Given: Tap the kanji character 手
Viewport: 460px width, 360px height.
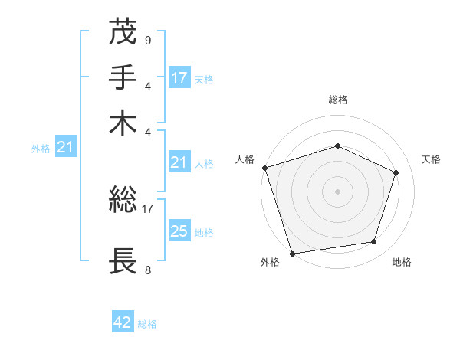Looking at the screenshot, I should pyautogui.click(x=123, y=78).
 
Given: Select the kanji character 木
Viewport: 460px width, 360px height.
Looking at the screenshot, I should pyautogui.click(x=123, y=123).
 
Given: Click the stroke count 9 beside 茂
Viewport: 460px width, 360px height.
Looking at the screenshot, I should pyautogui.click(x=147, y=40).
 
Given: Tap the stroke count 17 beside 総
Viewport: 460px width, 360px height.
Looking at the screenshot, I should pyautogui.click(x=149, y=207).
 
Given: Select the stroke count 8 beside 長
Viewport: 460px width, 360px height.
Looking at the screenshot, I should pyautogui.click(x=147, y=270).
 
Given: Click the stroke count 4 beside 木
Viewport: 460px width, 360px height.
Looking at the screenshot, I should pyautogui.click(x=147, y=131).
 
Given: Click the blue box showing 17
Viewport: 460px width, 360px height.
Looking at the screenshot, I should pyautogui.click(x=179, y=78).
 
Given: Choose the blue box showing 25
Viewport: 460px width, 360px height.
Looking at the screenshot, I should pyautogui.click(x=179, y=231).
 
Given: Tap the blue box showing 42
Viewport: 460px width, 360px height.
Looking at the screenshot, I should pyautogui.click(x=123, y=322).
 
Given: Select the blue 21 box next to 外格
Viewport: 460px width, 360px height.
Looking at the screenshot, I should pyautogui.click(x=64, y=148).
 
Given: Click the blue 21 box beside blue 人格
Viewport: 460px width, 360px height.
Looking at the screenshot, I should pyautogui.click(x=179, y=162).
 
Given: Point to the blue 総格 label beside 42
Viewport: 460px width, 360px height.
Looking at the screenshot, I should pyautogui.click(x=147, y=324).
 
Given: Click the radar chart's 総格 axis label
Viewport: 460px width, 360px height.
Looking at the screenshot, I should pyautogui.click(x=337, y=100).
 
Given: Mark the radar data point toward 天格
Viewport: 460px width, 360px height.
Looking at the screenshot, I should pyautogui.click(x=396, y=172).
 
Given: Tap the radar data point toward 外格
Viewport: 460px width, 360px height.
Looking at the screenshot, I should pyautogui.click(x=293, y=253).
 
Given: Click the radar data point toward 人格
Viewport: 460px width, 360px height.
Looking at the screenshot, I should pyautogui.click(x=264, y=168).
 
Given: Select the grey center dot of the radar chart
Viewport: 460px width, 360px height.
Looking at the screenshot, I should pyautogui.click(x=337, y=191).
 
